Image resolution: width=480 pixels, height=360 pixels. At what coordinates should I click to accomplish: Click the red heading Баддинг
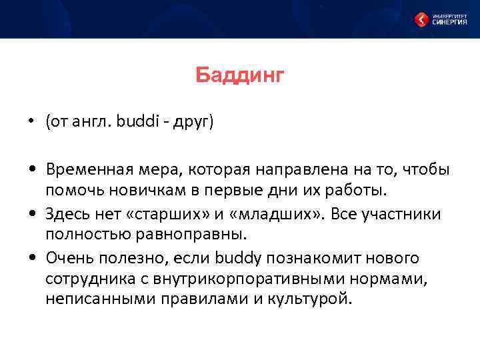pyautogui.click(x=240, y=76)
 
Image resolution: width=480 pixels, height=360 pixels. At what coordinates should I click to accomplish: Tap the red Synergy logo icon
pyautogui.click(x=421, y=19)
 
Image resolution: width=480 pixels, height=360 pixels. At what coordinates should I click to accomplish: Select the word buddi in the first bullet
pyautogui.click(x=136, y=123)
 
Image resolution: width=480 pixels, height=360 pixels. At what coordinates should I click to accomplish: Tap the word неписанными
pyautogui.click(x=93, y=298)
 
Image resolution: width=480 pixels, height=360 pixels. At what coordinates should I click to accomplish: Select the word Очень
pyautogui.click(x=69, y=257)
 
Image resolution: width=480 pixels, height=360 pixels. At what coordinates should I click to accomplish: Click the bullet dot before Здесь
pyautogui.click(x=32, y=214)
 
